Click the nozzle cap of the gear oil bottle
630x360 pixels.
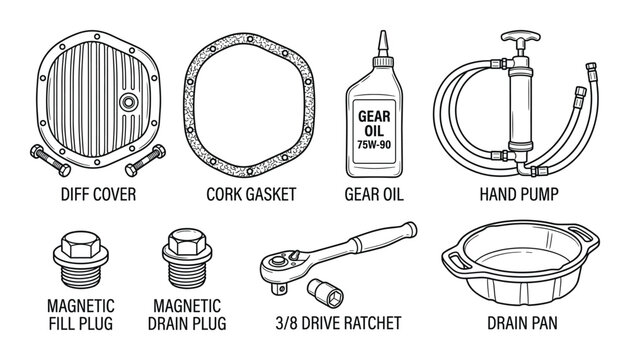[382, 42]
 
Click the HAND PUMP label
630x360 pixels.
[519, 194]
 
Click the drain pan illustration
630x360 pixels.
[519, 269]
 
